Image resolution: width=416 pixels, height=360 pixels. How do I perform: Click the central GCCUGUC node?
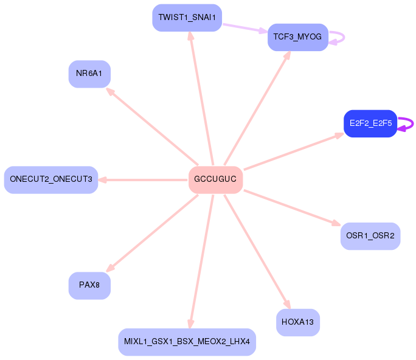coord(215,179)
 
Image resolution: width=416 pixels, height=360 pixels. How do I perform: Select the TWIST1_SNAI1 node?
coord(187,18)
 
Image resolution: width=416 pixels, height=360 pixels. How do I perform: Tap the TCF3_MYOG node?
coord(298,37)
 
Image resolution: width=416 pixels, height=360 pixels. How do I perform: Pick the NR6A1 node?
coord(89,74)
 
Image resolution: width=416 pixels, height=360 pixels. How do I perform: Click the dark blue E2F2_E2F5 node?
coord(370,123)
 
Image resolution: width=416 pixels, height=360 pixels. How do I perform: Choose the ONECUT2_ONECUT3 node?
coord(51,179)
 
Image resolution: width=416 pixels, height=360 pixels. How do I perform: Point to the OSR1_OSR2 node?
coord(370,236)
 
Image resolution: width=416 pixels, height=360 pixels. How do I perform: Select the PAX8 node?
coord(89,285)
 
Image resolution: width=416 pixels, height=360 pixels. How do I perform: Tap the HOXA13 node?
coord(298,322)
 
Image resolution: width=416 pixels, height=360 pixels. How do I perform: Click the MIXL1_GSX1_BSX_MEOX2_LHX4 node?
coord(187,342)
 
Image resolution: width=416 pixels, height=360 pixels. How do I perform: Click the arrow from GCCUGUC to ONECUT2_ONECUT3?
coord(143,180)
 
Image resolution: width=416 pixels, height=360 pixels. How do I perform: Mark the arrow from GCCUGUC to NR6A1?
coord(152,126)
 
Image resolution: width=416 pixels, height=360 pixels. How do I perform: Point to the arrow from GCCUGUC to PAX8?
coord(152,234)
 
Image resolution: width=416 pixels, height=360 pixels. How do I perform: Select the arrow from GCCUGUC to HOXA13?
coord(257,252)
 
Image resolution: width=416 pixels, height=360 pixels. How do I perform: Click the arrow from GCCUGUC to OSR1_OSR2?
coord(292,208)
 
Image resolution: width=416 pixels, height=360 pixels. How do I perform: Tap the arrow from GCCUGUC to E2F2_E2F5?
coord(294,151)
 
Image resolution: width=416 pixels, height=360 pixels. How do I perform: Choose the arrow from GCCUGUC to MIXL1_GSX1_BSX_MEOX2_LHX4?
coord(201,261)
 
